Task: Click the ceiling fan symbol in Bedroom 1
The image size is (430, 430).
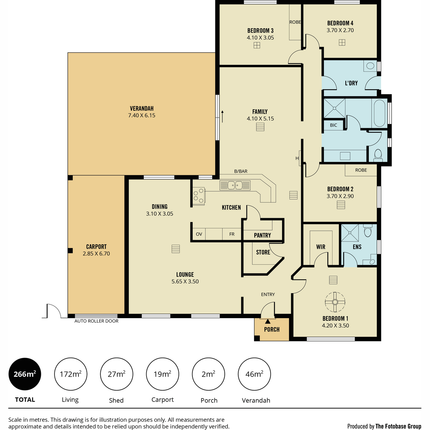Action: click(x=335, y=302)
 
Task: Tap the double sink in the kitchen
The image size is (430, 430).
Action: click(x=235, y=185)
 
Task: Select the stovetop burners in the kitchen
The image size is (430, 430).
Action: click(x=199, y=196)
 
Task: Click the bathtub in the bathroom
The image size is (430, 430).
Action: click(x=379, y=113)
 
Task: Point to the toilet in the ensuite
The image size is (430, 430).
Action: click(x=368, y=230)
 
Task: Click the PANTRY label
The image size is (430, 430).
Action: click(x=262, y=235)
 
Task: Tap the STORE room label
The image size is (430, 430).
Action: click(x=263, y=252)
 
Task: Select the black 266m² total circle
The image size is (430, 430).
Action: click(x=25, y=374)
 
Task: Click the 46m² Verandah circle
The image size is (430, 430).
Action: click(x=254, y=374)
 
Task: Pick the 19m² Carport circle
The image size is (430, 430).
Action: click(x=162, y=374)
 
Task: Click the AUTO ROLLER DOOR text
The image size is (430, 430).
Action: click(x=96, y=321)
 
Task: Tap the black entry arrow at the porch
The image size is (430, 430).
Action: click(x=268, y=321)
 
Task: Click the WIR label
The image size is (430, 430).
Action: click(x=321, y=247)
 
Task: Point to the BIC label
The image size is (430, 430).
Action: click(x=333, y=125)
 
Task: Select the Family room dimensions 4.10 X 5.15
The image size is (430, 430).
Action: click(x=260, y=119)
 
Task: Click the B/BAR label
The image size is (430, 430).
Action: click(x=241, y=171)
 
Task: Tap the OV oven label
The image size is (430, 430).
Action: click(x=199, y=234)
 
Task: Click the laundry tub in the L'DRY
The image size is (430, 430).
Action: click(x=370, y=66)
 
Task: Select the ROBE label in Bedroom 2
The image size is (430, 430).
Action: click(x=361, y=170)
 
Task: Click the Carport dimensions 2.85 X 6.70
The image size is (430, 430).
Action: click(x=96, y=253)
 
